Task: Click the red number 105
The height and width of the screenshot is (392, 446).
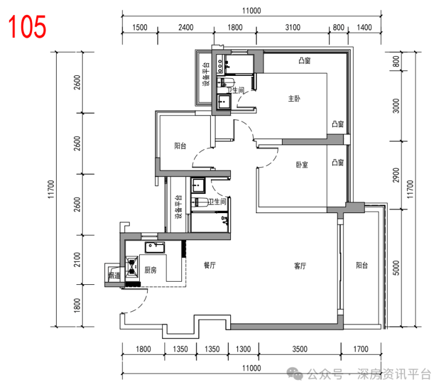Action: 27,26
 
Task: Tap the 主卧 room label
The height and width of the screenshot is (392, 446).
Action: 294,99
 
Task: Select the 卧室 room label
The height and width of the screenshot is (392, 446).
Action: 302,165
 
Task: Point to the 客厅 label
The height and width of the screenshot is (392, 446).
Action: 300,266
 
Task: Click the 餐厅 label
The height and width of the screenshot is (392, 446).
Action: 210,265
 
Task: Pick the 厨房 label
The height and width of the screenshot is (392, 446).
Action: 151,270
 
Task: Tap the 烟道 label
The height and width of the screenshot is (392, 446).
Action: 115,275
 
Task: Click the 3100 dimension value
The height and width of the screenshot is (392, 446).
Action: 293,27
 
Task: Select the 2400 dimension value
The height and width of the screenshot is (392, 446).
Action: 186,27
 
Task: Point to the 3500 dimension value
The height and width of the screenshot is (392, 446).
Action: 300,349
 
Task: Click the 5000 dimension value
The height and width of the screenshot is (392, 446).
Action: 396,268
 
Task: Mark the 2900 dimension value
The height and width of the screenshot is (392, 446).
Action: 396,175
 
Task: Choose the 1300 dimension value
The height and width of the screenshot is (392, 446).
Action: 243,349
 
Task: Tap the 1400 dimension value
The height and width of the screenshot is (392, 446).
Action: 364,27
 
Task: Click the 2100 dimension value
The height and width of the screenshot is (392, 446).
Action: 77,260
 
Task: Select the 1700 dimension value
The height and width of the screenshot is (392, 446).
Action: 360,349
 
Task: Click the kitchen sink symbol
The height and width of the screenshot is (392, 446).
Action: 155,247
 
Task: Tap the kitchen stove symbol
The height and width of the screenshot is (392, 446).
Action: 132,267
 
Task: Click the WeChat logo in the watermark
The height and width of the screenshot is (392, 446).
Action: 295,374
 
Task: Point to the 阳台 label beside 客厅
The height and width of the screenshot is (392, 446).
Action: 362,265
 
